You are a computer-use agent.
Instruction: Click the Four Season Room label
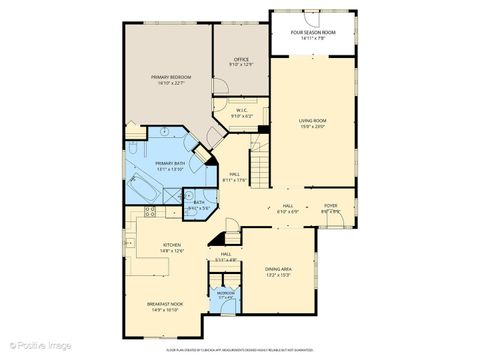(x=313, y=32)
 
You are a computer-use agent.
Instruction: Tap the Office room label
(x=241, y=60)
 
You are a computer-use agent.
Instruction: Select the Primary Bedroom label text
(x=171, y=77)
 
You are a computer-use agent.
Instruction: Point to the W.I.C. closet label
(x=242, y=111)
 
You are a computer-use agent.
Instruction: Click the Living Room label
(x=313, y=121)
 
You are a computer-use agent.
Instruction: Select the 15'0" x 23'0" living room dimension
(x=313, y=127)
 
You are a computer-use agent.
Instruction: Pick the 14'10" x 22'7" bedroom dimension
(x=171, y=83)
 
